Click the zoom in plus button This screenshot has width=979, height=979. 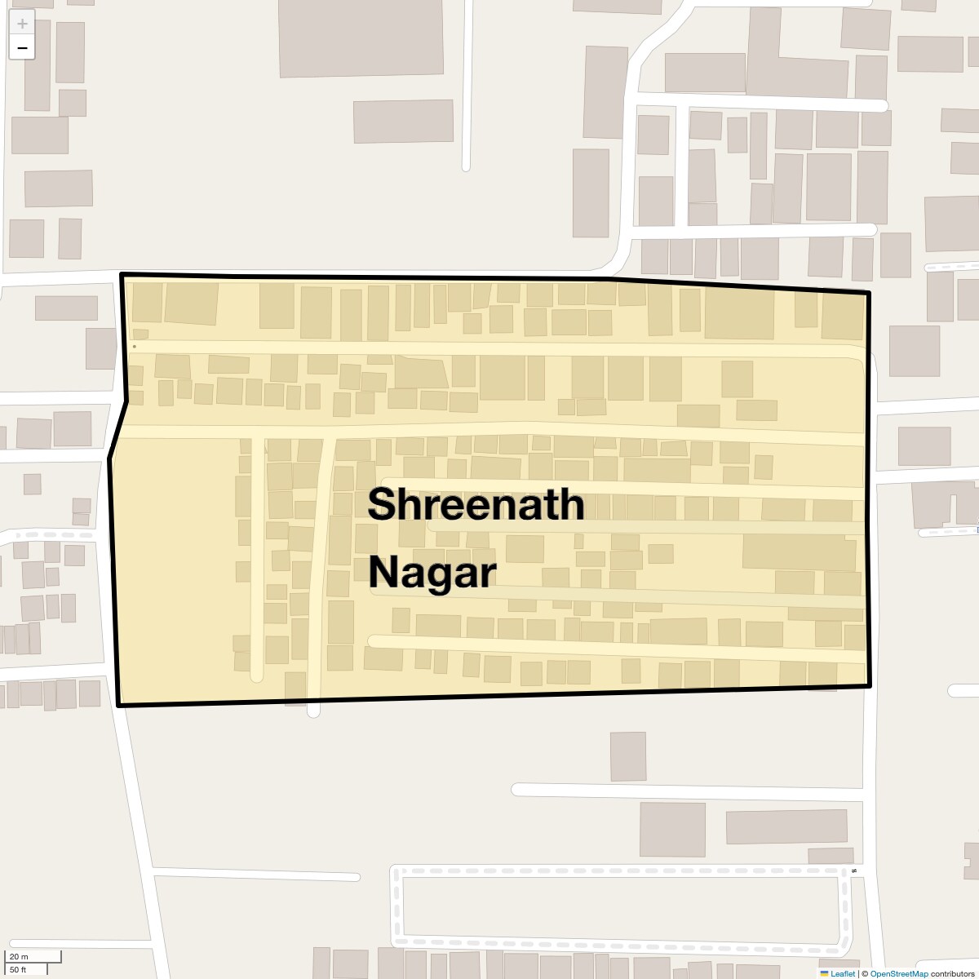coord(22,24)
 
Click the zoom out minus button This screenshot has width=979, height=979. coord(22,48)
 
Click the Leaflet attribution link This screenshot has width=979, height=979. coord(843,973)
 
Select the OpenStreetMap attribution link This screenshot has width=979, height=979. coord(899,973)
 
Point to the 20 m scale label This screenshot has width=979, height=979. coord(19,956)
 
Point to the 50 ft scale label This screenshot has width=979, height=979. coord(19,969)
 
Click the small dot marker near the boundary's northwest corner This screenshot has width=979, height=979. coord(135,346)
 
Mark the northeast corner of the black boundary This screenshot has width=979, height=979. coord(868,292)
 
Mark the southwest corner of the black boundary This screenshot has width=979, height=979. coord(119,705)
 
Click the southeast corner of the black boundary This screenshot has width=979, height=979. coord(870,685)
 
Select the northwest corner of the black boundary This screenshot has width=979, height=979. coord(122,275)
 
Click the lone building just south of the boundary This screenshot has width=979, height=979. coord(627,756)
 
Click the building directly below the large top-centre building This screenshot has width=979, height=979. coord(403,122)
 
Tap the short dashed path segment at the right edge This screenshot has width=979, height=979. coord(950,266)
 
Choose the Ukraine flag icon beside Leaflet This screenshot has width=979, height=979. coord(824,973)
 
